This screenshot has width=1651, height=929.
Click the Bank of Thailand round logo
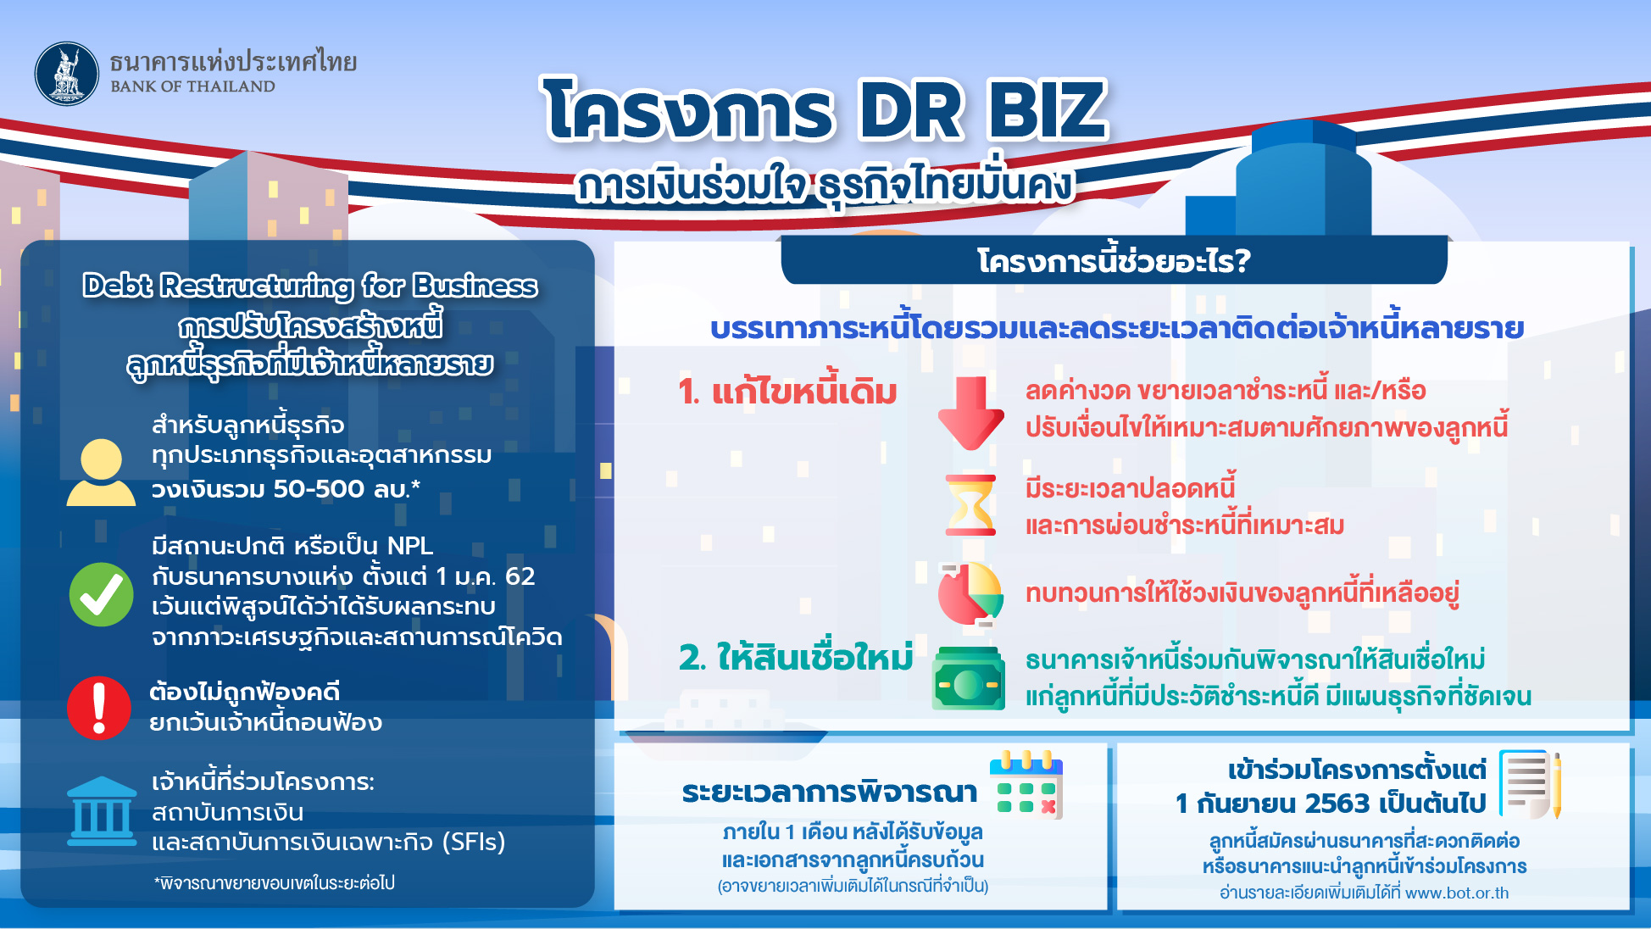tap(67, 74)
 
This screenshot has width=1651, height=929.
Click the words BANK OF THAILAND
tap(192, 86)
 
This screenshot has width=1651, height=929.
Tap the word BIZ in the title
tap(1048, 110)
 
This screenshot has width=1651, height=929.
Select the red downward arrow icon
tap(970, 413)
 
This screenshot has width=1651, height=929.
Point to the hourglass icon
tap(970, 505)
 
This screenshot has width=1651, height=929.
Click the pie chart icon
tap(970, 594)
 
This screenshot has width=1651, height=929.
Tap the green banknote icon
tap(968, 678)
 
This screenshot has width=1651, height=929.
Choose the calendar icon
tap(1026, 785)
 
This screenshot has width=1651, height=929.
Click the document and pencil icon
tap(1531, 784)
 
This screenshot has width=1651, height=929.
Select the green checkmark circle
tap(101, 594)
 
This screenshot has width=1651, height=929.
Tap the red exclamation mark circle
tap(99, 708)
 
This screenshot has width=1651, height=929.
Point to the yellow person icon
tap(101, 473)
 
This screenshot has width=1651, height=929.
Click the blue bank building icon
tap(102, 811)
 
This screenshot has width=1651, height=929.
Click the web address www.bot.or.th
tap(1457, 893)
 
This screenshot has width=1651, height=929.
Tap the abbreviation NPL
tap(410, 546)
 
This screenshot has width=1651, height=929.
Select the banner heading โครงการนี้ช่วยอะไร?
tap(1114, 260)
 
